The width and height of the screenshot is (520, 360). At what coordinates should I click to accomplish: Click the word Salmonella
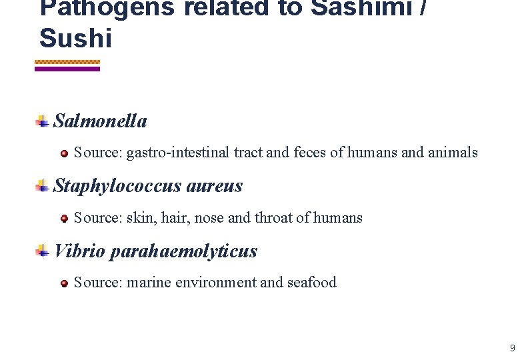click(100, 121)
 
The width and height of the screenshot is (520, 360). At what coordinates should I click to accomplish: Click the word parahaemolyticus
click(183, 251)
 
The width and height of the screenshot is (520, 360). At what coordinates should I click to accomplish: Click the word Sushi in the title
click(75, 38)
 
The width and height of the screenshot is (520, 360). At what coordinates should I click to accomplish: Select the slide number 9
click(512, 347)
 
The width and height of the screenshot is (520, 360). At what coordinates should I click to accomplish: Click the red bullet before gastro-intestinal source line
click(64, 153)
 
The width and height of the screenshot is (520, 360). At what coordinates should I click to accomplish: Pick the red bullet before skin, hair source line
click(64, 219)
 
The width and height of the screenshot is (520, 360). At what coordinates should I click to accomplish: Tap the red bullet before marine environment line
click(64, 284)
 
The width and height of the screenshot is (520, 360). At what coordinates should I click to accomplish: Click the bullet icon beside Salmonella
click(42, 121)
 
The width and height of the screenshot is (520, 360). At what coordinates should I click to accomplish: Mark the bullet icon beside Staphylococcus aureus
click(42, 187)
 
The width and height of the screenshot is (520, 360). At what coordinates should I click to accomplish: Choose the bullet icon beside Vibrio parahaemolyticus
click(42, 251)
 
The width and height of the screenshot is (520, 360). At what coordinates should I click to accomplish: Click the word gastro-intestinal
click(178, 153)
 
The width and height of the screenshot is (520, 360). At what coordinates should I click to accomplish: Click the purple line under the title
click(66, 69)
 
